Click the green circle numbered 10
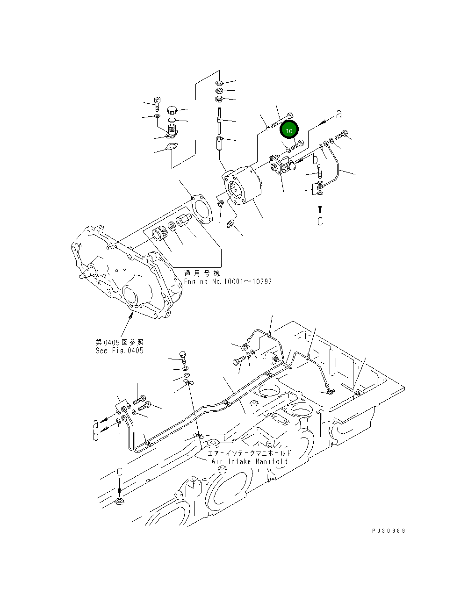(x=289, y=130)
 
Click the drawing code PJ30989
(x=389, y=531)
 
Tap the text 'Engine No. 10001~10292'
(x=227, y=281)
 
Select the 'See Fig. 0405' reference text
(x=119, y=351)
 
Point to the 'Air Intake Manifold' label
(x=250, y=461)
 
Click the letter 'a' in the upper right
(x=339, y=115)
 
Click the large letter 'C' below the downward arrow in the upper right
(x=320, y=221)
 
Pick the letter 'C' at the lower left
(x=120, y=472)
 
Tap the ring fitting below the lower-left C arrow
(x=120, y=502)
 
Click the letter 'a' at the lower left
(x=96, y=424)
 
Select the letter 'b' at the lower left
(x=96, y=436)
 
